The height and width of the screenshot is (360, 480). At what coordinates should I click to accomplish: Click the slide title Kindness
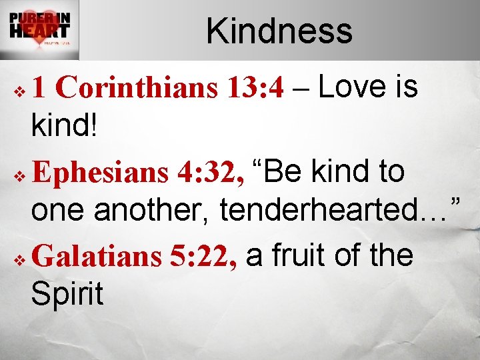click(279, 31)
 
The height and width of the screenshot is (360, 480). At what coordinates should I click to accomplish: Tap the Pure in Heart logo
click(39, 30)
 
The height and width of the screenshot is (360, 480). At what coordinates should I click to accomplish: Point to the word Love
click(351, 87)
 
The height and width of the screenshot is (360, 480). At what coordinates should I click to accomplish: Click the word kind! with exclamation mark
click(64, 125)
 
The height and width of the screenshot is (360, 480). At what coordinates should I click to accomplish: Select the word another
click(153, 211)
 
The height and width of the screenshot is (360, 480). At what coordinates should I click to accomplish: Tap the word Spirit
click(67, 294)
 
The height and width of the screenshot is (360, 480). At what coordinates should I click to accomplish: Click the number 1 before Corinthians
click(40, 87)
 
